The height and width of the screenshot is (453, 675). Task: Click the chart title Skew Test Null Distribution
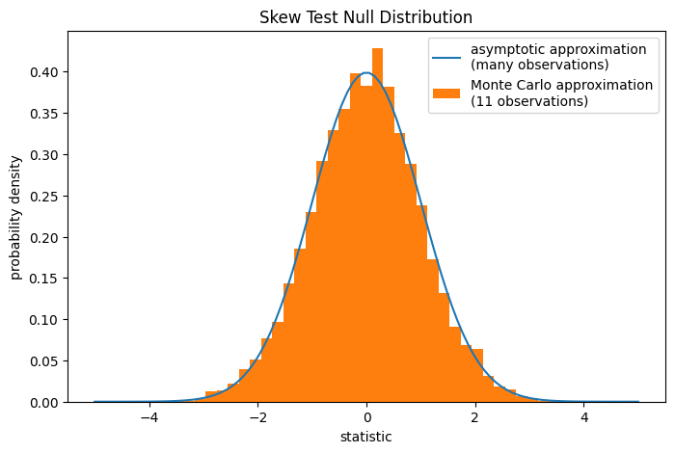366,17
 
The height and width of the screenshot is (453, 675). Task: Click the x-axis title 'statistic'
366,438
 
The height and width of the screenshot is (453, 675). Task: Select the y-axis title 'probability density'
16,217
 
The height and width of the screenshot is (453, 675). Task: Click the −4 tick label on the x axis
148,418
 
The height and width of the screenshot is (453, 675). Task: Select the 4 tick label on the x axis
584,418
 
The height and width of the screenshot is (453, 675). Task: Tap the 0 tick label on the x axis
366,418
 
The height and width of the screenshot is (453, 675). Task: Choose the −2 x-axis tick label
257,418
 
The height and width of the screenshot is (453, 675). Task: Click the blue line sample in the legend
446,56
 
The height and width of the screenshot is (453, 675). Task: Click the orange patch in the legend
446,92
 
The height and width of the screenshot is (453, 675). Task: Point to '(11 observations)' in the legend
528,101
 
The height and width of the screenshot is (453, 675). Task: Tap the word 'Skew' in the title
280,17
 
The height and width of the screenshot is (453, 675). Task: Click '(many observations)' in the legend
539,65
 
